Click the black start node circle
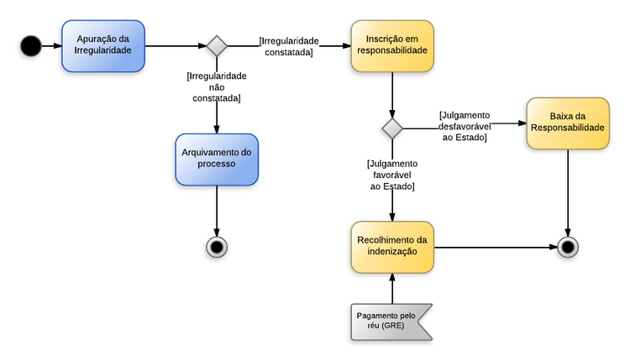pyautogui.click(x=31, y=45)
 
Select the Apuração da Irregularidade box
pyautogui.click(x=103, y=45)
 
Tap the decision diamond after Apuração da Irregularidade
pyautogui.click(x=217, y=45)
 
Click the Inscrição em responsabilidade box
pyautogui.click(x=391, y=45)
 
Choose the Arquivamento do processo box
pyautogui.click(x=217, y=159)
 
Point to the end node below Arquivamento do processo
pyautogui.click(x=217, y=246)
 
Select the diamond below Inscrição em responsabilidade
pyautogui.click(x=392, y=128)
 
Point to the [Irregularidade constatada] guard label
pyautogui.click(x=289, y=46)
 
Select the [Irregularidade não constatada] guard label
pyautogui.click(x=216, y=87)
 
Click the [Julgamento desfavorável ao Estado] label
pyautogui.click(x=465, y=126)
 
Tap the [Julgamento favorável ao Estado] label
pyautogui.click(x=392, y=175)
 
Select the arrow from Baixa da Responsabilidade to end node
pyautogui.click(x=569, y=193)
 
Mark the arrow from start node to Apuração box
pyautogui.click(x=52, y=45)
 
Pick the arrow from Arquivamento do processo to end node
pyautogui.click(x=217, y=210)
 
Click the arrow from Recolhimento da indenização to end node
pyautogui.click(x=496, y=248)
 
